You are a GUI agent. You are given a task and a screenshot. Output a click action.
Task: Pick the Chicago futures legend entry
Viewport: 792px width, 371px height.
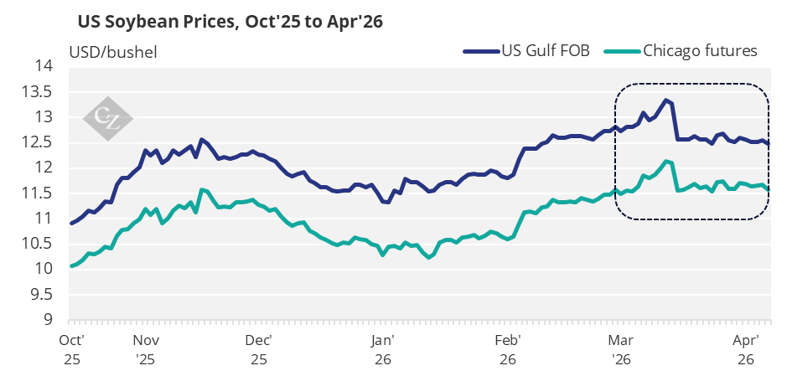tap(700, 51)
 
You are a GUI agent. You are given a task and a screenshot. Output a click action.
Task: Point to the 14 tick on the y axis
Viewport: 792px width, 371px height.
tap(43, 66)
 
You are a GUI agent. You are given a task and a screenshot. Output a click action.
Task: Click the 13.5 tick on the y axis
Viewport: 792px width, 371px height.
tap(37, 91)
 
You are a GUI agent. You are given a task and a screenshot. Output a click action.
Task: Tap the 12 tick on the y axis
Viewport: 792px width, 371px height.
tap(43, 167)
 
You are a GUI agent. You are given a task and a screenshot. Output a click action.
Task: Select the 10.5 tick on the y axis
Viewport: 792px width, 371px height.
tap(37, 244)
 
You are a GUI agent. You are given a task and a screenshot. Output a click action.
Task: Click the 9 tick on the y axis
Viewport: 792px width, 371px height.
tap(48, 320)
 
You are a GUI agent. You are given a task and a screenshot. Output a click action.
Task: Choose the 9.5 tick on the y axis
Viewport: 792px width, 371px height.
tap(40, 295)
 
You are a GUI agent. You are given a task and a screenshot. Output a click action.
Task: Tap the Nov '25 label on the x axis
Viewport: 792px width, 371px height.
tap(146, 349)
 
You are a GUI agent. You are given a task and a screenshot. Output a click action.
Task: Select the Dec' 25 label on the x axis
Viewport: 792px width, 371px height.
tap(259, 349)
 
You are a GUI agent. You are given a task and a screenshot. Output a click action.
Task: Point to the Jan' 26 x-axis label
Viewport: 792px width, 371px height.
tap(382, 349)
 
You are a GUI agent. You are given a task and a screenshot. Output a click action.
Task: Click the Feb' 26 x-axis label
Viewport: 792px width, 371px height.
tap(509, 349)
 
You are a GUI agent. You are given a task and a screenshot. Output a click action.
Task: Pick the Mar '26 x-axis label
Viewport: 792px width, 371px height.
tap(620, 349)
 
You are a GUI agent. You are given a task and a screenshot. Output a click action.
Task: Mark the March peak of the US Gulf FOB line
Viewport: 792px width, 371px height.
tap(665, 100)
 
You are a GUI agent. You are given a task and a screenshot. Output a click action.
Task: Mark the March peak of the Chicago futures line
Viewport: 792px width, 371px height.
tap(665, 162)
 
